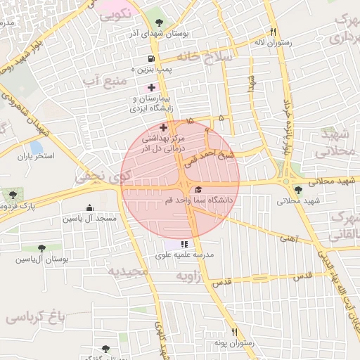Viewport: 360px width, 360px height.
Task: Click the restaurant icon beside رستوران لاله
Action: point(273,32)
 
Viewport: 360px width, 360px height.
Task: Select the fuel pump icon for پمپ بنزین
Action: point(151,59)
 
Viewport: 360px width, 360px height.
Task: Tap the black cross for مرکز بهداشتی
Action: point(164,127)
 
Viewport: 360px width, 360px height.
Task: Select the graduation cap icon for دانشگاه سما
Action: point(198,190)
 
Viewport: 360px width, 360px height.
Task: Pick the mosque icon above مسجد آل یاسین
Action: point(89,207)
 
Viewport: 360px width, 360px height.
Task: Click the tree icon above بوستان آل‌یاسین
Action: point(41,248)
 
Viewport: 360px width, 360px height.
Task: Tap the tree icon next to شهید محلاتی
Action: point(299,190)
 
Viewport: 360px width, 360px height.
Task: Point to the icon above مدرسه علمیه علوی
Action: point(184,244)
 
